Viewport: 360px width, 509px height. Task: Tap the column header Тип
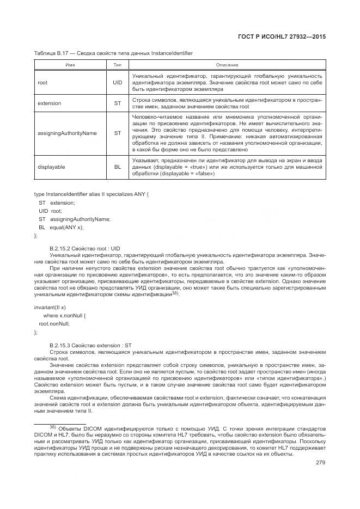tap(117, 65)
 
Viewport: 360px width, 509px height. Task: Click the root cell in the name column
tap(42, 82)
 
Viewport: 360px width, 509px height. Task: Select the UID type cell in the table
tap(117, 82)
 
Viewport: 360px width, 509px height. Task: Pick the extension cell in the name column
tap(49, 103)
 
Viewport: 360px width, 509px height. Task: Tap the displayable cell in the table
tap(51, 167)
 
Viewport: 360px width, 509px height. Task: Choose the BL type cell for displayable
tap(117, 167)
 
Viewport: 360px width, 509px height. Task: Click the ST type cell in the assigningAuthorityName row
tap(117, 133)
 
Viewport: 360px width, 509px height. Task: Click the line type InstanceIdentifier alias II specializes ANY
tap(90, 194)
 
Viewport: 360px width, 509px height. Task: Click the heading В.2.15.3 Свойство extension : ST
tap(90, 346)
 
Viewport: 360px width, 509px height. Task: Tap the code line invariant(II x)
tap(50, 308)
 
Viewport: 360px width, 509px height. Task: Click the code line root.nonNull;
tap(54, 323)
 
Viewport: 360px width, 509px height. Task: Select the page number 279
tap(320, 463)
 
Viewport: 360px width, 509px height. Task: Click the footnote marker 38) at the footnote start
tap(53, 427)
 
